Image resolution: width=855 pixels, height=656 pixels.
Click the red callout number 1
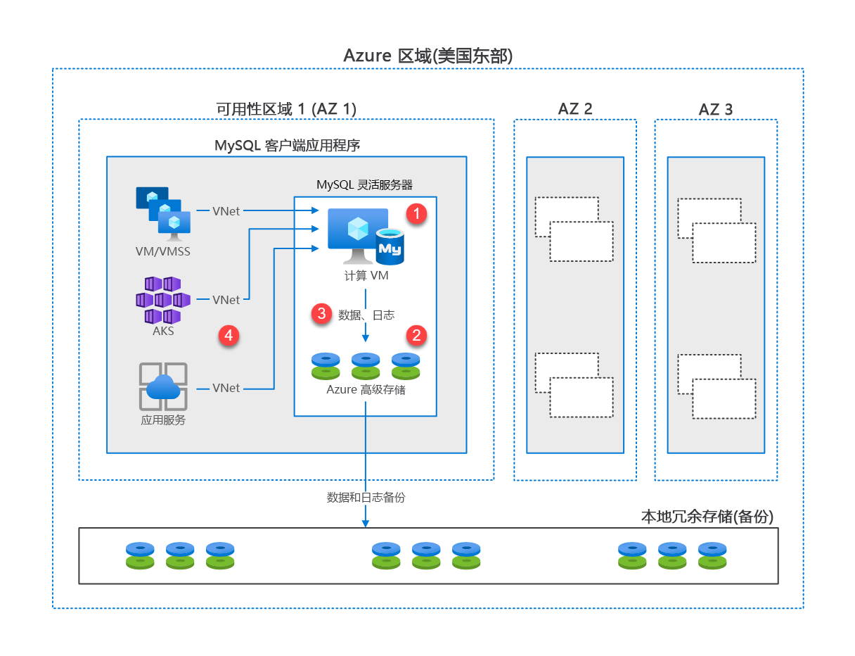pyautogui.click(x=418, y=213)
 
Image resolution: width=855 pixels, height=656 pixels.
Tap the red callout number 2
pyautogui.click(x=417, y=335)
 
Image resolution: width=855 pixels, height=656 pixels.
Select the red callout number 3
pyautogui.click(x=322, y=314)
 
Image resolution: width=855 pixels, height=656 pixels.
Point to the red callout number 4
pyautogui.click(x=228, y=336)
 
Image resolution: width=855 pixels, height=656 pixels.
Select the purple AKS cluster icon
pyautogui.click(x=162, y=298)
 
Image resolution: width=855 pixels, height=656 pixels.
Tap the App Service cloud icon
pyautogui.click(x=163, y=386)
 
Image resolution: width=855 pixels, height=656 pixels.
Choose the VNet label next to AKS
pyautogui.click(x=226, y=300)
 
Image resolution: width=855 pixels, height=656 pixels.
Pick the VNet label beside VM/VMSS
pyautogui.click(x=226, y=210)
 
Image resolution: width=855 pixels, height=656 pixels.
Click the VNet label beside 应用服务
pyautogui.click(x=226, y=388)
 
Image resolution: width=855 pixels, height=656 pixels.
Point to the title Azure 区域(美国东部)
pyautogui.click(x=428, y=56)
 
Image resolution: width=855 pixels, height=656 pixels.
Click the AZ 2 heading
pyautogui.click(x=575, y=109)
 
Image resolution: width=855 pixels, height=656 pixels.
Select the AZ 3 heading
pyautogui.click(x=716, y=109)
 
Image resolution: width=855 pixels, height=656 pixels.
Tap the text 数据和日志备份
pyautogui.click(x=366, y=497)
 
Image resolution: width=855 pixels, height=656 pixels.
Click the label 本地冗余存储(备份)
pyautogui.click(x=707, y=517)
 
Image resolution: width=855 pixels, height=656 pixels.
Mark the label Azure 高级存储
pyautogui.click(x=366, y=389)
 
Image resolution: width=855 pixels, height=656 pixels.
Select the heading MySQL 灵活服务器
pyautogui.click(x=364, y=185)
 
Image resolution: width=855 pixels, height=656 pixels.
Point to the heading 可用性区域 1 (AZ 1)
pyautogui.click(x=286, y=109)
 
